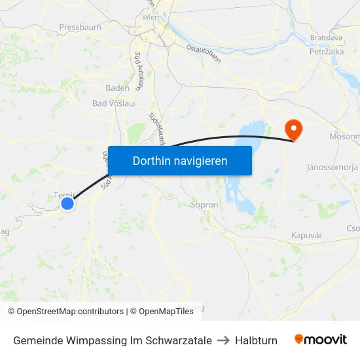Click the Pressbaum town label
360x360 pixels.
[x=80, y=27]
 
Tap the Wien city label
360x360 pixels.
[x=150, y=18]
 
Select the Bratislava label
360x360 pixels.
[x=326, y=39]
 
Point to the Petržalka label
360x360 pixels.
[x=327, y=51]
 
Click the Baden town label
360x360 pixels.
[x=118, y=88]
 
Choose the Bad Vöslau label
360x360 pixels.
[x=113, y=103]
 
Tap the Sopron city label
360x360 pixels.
[x=204, y=205]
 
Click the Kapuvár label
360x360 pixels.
[x=306, y=234]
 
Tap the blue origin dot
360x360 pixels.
[x=67, y=204]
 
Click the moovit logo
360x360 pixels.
[x=320, y=340]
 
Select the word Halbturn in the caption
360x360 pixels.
[x=256, y=340]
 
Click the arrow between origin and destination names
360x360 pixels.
[x=223, y=340]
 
